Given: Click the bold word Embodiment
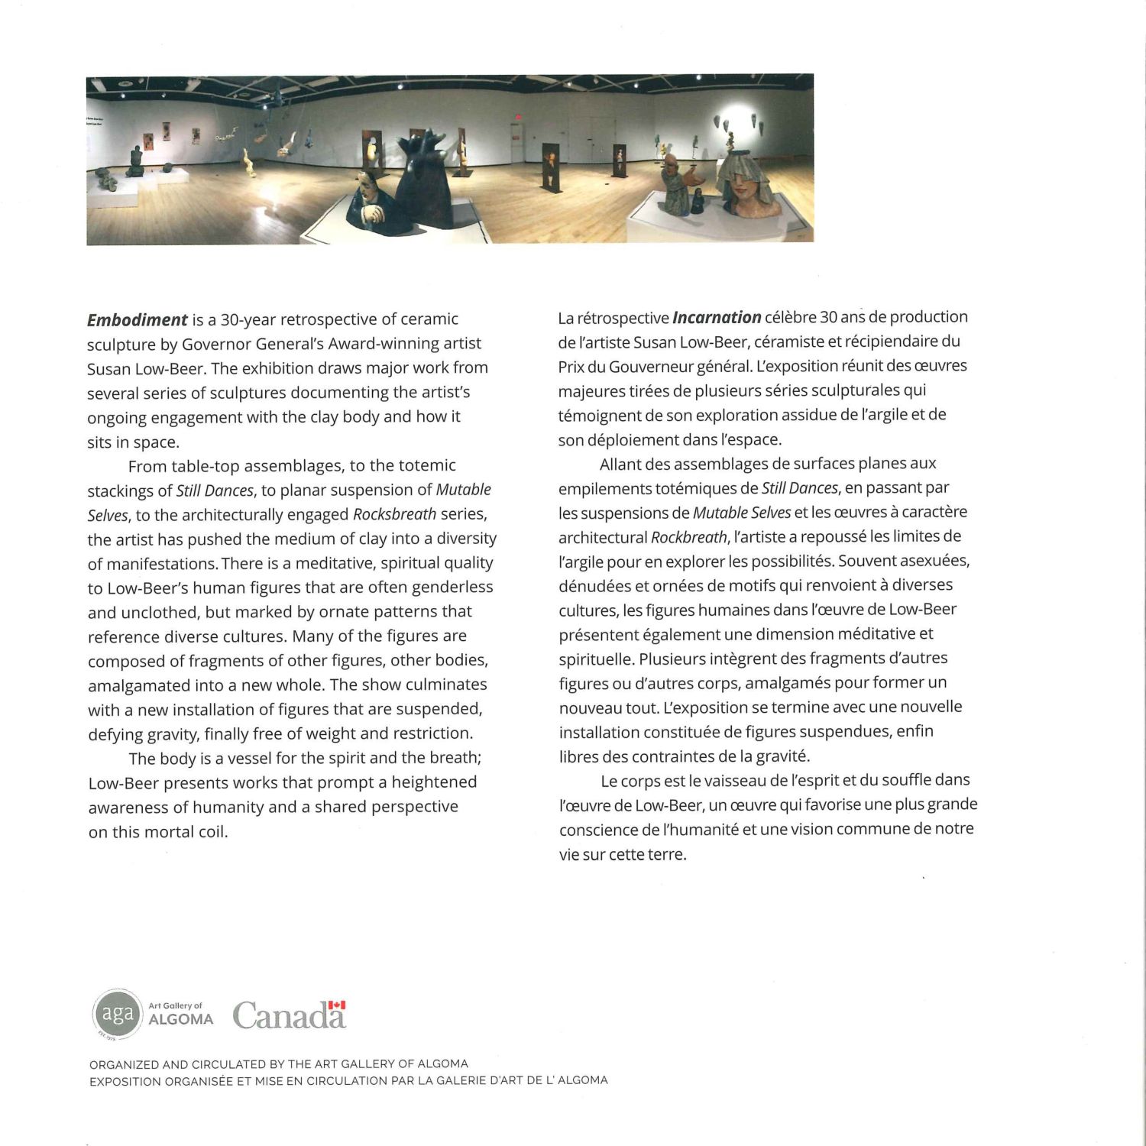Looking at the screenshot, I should [137, 319].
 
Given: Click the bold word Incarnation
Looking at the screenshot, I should [716, 317].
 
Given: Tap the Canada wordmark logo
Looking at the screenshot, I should [289, 1015].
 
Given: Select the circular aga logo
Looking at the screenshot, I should [117, 1014].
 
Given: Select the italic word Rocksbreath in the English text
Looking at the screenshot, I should [394, 514].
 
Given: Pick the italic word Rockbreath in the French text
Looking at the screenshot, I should [688, 536].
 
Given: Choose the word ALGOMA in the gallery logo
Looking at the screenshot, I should [180, 1019].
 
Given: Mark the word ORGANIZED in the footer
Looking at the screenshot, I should [125, 1063].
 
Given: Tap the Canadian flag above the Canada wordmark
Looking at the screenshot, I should [337, 1005].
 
